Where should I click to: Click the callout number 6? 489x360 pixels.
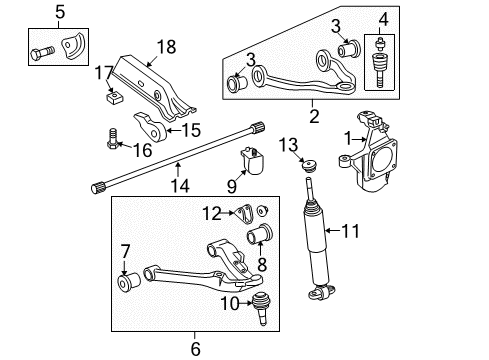click(196, 347)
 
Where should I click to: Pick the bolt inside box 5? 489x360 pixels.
click(45, 48)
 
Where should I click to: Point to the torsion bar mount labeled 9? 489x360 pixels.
click(252, 160)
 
